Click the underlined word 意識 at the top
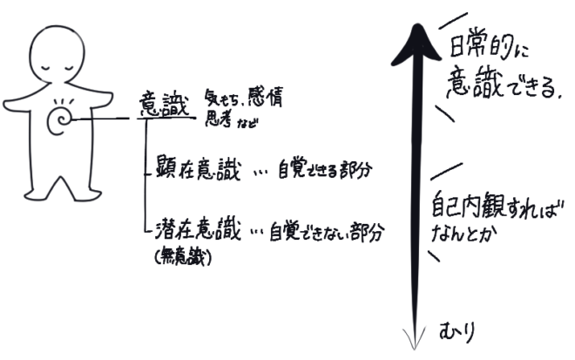pos(158,103)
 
